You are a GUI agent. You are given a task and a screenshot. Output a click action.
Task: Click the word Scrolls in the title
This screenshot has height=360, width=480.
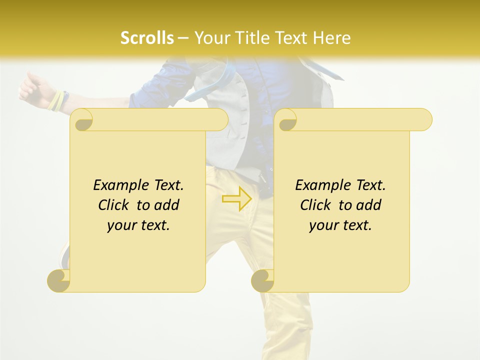point(147,38)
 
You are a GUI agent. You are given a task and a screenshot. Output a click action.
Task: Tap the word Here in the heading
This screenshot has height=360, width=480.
point(332,38)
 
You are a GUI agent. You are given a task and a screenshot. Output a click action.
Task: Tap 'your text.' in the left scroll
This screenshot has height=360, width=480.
point(138,225)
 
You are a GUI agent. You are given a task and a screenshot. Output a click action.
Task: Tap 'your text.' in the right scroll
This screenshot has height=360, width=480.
point(340,225)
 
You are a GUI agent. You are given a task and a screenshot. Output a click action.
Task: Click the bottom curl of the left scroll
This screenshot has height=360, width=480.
point(58,280)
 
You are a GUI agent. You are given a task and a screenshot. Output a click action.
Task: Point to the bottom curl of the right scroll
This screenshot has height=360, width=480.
point(262,280)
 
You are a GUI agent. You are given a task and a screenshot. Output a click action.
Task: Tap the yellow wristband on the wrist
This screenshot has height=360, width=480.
point(56,100)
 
